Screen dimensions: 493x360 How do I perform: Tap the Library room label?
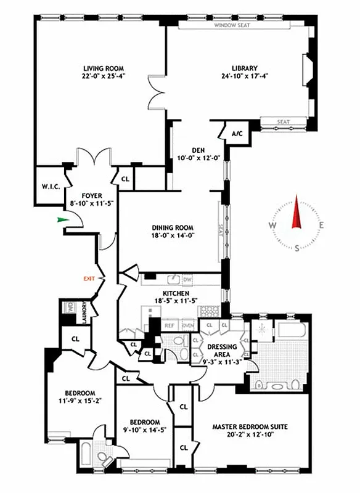pyautogui.click(x=245, y=68)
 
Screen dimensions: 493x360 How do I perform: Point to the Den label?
pyautogui.click(x=198, y=149)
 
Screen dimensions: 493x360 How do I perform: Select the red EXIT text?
pyautogui.click(x=91, y=279)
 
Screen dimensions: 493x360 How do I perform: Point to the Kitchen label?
pyautogui.click(x=174, y=293)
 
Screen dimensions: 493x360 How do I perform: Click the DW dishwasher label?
pyautogui.click(x=187, y=280)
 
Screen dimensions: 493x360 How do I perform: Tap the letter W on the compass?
pyautogui.click(x=272, y=226)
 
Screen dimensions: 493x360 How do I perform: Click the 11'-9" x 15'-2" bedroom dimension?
pyautogui.click(x=80, y=402)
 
